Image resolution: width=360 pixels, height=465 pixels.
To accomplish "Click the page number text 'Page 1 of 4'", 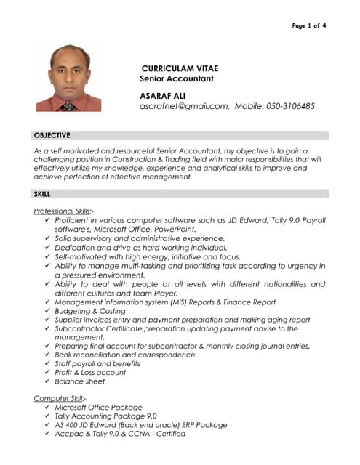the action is [308, 26].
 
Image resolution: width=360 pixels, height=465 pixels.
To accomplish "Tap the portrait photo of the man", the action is [68, 78].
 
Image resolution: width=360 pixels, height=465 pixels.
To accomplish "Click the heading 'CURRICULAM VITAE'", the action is [180, 68].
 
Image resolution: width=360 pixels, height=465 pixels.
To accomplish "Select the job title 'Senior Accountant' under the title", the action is [177, 78].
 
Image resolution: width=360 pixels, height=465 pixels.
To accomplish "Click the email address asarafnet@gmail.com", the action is [184, 106].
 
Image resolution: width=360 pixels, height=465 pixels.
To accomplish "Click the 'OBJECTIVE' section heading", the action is [52, 135].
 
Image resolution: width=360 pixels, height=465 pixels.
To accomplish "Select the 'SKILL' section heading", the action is [42, 194].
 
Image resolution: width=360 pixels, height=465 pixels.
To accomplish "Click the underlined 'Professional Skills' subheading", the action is [63, 211].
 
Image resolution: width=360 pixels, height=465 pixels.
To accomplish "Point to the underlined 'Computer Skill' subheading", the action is [60, 398].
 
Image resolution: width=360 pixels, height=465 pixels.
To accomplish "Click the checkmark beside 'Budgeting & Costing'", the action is [47, 311].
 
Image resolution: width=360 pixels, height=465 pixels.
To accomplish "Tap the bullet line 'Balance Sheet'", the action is [80, 381].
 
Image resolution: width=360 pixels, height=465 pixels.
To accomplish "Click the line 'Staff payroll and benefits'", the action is [97, 363].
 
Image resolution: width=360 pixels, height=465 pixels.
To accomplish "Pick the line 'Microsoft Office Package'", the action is [99, 408].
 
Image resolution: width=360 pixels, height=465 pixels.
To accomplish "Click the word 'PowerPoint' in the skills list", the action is [175, 229].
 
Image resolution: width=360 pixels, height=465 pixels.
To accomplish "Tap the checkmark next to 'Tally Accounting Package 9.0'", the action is [47, 416].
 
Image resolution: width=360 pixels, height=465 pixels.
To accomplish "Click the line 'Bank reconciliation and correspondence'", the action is [126, 355].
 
